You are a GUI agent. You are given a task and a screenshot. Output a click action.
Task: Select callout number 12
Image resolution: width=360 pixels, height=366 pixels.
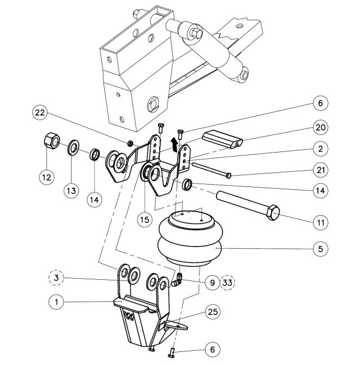(47, 176)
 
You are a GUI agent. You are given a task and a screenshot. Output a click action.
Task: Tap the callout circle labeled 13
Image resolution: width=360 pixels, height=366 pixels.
(71, 191)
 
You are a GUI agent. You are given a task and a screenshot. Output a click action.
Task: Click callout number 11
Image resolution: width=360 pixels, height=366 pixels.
(320, 222)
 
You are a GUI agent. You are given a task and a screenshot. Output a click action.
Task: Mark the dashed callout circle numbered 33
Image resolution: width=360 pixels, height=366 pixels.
(229, 281)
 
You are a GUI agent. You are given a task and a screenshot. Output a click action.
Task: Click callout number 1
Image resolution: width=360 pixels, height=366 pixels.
(56, 302)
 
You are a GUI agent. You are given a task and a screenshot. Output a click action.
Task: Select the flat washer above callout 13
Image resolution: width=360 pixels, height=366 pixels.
(74, 150)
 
